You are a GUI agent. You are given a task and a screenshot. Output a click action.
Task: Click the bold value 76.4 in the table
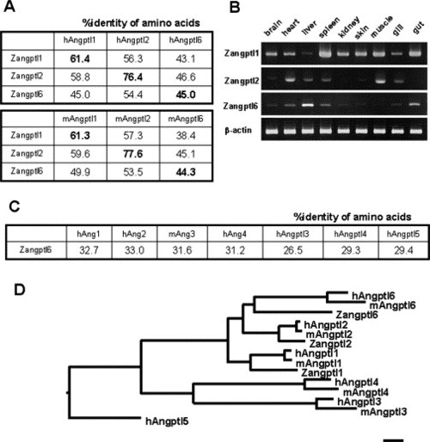(133, 77)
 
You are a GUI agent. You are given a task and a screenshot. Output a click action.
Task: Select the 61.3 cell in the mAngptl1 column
(80, 136)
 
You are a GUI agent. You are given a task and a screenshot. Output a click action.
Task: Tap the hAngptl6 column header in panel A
(186, 40)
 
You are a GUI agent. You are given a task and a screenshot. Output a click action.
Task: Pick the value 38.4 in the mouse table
(186, 136)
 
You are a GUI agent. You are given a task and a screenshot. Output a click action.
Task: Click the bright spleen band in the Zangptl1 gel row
(325, 52)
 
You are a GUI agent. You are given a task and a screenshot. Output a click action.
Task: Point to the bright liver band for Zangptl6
(308, 105)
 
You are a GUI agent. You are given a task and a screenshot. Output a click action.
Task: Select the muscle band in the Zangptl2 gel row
(380, 80)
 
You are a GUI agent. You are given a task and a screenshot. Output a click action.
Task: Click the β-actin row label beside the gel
(238, 131)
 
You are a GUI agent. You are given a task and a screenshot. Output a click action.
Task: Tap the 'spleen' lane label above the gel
(329, 28)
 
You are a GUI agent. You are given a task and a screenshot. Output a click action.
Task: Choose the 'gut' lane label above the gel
(418, 28)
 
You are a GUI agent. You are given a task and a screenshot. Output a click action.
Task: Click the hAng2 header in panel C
(134, 234)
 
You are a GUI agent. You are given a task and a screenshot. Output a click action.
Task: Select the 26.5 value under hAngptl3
(292, 250)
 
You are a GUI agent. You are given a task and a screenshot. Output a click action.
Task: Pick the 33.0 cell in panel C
(134, 250)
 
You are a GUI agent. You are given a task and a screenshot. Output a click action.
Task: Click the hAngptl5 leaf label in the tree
(167, 421)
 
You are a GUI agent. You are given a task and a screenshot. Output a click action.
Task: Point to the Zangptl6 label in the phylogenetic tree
(357, 315)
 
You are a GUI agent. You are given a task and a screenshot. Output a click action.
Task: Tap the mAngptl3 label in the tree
(384, 412)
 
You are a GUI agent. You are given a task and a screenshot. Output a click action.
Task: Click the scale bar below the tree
(393, 440)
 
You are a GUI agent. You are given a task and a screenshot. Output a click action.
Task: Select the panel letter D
(20, 290)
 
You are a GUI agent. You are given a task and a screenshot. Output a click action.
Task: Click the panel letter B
(235, 7)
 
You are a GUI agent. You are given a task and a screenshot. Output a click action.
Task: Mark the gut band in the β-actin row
(415, 131)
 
